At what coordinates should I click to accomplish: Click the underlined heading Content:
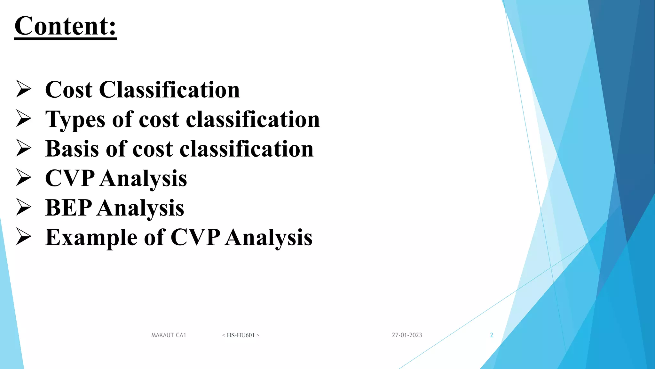(x=66, y=26)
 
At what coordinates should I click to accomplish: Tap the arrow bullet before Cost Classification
(x=24, y=89)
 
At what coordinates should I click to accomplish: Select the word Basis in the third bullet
(x=72, y=149)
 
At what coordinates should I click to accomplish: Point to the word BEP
(x=68, y=208)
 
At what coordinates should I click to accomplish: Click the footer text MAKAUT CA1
(x=169, y=335)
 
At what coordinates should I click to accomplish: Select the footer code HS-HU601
(x=241, y=335)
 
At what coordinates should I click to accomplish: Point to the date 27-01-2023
(x=407, y=335)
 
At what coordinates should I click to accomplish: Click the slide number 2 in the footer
(x=492, y=335)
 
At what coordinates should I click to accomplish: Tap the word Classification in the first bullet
(x=169, y=90)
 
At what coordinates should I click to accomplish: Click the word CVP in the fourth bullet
(x=70, y=178)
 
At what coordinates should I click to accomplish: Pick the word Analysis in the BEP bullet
(x=141, y=209)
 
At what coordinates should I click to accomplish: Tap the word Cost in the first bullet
(x=69, y=90)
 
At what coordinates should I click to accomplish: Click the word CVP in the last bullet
(x=195, y=237)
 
